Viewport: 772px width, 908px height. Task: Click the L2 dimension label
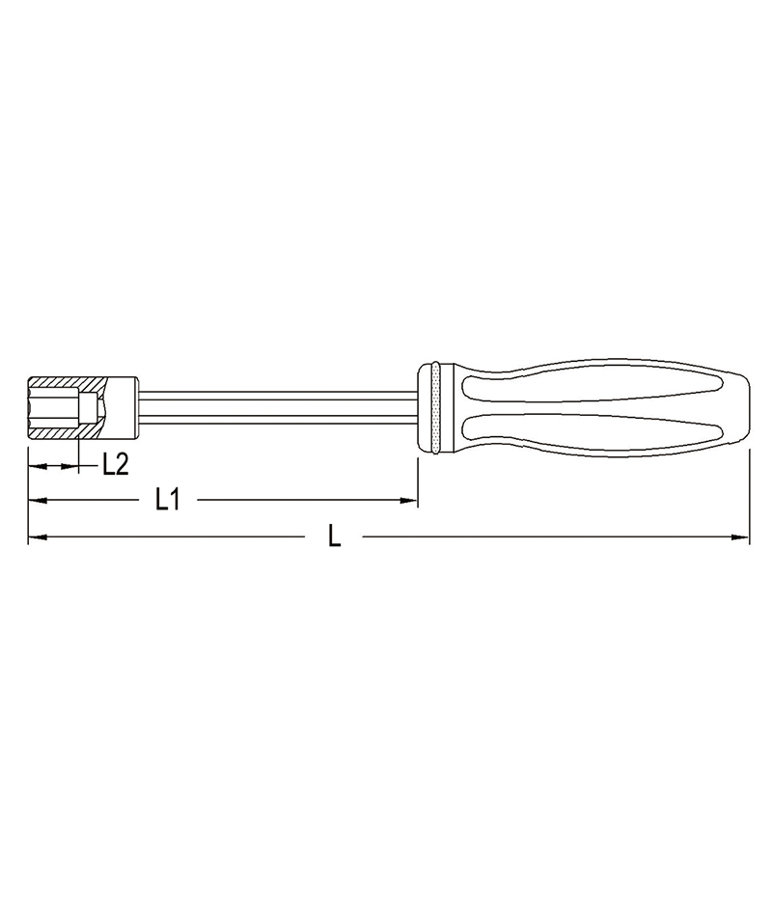click(x=115, y=464)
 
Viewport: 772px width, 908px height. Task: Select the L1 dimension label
click(x=169, y=499)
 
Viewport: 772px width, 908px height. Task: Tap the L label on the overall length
click(x=334, y=536)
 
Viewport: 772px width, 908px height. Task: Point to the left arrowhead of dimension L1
click(x=36, y=500)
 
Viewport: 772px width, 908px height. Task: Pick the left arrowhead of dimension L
click(x=36, y=536)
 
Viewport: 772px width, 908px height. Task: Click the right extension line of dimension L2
click(x=77, y=454)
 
